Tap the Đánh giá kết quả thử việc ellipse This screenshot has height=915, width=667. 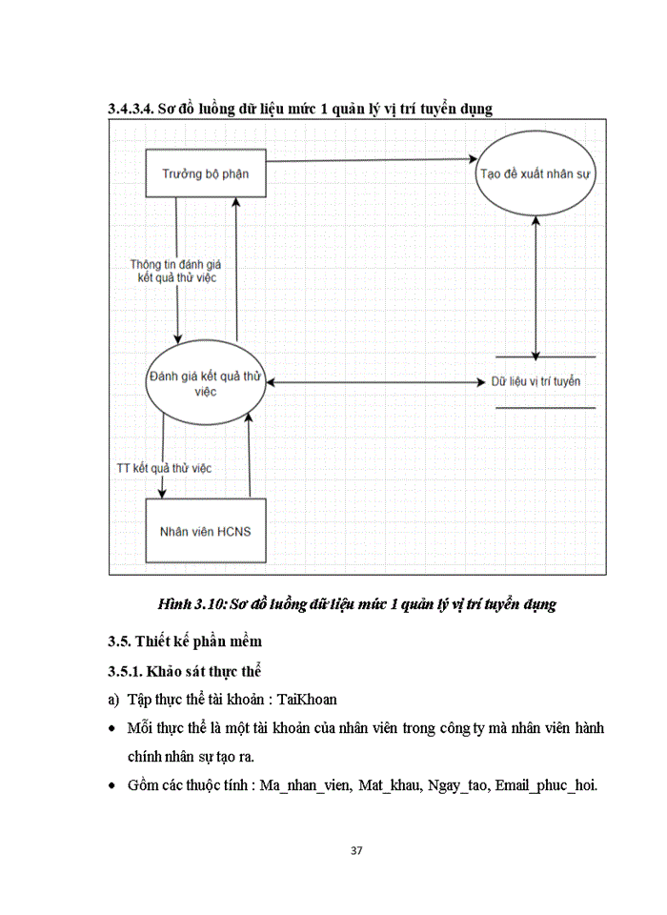(206, 382)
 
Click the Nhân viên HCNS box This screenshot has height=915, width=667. (205, 530)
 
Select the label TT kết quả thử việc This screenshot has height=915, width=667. (163, 468)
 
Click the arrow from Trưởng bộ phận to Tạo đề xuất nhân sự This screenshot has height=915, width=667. (372, 160)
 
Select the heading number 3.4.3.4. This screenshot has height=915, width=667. (131, 109)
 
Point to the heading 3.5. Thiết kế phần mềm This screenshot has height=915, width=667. (183, 640)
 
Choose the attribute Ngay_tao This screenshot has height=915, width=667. (455, 786)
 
